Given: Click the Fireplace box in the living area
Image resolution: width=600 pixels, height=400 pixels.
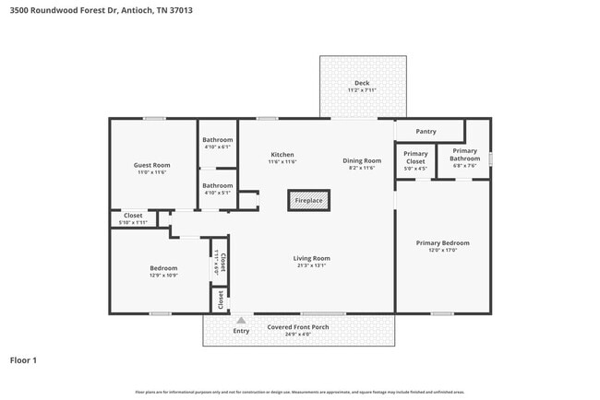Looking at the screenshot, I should click(x=309, y=200).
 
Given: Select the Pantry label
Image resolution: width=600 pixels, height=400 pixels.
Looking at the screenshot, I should click(x=426, y=131).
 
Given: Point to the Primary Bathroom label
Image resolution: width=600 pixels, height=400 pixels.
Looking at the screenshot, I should click(x=464, y=154).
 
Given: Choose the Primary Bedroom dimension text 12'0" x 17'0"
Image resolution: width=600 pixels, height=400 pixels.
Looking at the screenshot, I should click(x=442, y=251).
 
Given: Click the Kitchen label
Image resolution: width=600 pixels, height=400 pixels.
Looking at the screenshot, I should click(x=282, y=154).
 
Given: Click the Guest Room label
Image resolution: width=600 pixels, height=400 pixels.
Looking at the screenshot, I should click(x=152, y=165).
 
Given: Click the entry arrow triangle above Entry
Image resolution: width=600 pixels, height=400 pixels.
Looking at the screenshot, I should click(x=241, y=320).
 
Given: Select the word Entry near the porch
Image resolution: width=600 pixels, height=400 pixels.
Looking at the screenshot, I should click(x=241, y=331).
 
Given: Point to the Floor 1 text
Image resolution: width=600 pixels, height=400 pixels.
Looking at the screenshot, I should click(x=23, y=360).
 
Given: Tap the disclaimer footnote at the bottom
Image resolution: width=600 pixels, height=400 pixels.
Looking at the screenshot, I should click(x=299, y=392).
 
